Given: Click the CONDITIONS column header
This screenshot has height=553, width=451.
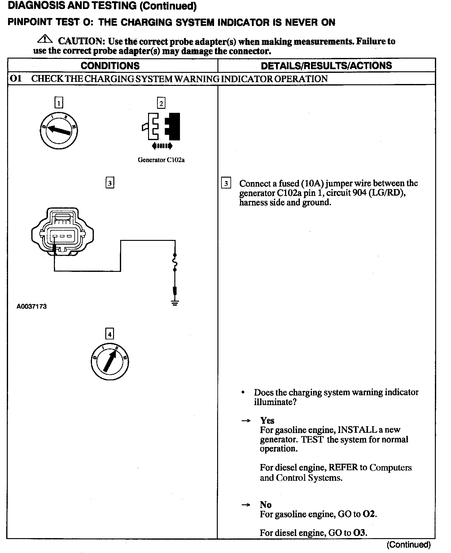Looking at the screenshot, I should tap(110, 66).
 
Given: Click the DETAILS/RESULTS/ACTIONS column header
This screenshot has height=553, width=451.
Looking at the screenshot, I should tap(326, 66).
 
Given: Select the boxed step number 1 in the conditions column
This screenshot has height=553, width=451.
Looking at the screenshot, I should tap(59, 102).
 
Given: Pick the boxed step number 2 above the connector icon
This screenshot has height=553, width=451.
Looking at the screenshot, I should tap(161, 103).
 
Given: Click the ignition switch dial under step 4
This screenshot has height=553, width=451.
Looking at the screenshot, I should tap(110, 362).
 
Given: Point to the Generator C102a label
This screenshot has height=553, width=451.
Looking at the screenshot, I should tap(161, 160).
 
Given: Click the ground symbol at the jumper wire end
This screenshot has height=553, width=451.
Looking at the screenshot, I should tap(175, 303).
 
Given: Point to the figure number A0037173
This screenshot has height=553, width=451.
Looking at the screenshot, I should tap(32, 307).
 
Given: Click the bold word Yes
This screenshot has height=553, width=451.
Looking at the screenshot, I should tap(267, 421).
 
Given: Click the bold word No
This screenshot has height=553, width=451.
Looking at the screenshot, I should tap(265, 505).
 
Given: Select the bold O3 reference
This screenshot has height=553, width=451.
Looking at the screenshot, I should tap(360, 533).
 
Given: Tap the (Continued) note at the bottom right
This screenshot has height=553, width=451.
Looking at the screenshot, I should tap(409, 545).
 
